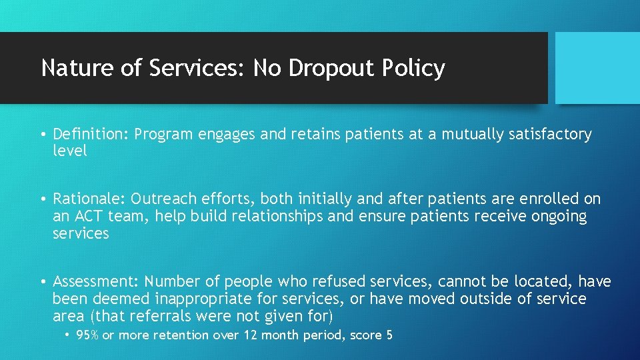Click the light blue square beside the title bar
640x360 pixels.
point(597,68)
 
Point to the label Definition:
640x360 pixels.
point(91,135)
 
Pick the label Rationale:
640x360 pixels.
point(89,199)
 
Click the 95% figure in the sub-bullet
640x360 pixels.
point(87,335)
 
